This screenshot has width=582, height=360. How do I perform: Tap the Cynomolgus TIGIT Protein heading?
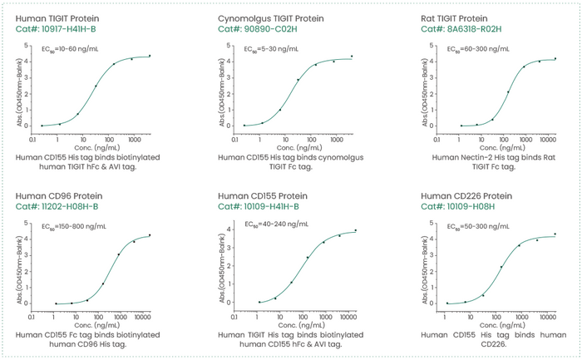271,17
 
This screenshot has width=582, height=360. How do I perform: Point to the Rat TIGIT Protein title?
462,17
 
